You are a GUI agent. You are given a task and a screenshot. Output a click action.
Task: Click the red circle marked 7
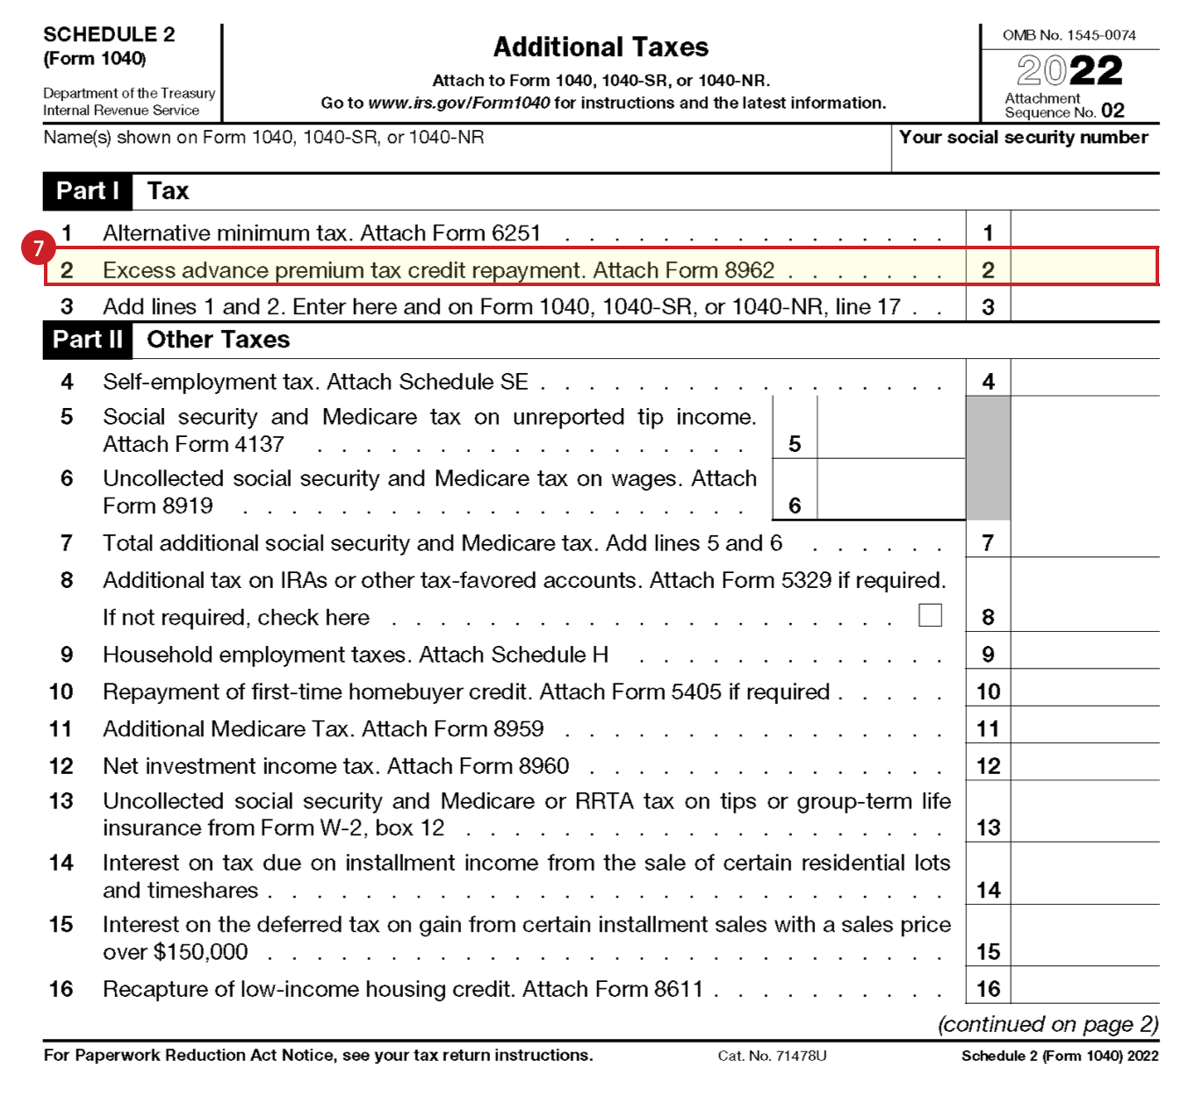pos(38,248)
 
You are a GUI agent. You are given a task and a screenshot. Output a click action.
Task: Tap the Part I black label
pos(87,191)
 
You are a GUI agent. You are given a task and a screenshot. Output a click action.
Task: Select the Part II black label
pos(87,340)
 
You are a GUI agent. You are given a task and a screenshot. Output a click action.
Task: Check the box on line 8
pos(930,615)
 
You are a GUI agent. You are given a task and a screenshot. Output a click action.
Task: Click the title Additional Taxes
pos(601,47)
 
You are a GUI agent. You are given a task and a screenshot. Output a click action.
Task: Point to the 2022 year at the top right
pos(1070,70)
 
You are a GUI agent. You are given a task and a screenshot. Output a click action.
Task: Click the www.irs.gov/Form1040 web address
pos(459,104)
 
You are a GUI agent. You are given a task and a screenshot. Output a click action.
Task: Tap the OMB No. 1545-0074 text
pos(1069,35)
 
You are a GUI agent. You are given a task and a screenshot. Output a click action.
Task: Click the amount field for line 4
pos(1084,381)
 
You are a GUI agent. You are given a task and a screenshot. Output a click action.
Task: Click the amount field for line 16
pos(1084,987)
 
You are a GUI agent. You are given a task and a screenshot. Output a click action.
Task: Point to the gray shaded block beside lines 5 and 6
pos(988,457)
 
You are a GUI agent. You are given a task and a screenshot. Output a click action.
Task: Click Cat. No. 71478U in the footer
pos(772,1056)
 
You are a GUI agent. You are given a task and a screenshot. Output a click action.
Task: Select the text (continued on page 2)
pos(1048,1024)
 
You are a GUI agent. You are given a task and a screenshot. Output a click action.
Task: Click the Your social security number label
pos(1023,138)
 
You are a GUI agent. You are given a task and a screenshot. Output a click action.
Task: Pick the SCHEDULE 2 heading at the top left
pos(109,34)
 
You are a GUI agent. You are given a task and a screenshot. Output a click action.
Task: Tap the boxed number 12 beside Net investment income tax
pos(988,766)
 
